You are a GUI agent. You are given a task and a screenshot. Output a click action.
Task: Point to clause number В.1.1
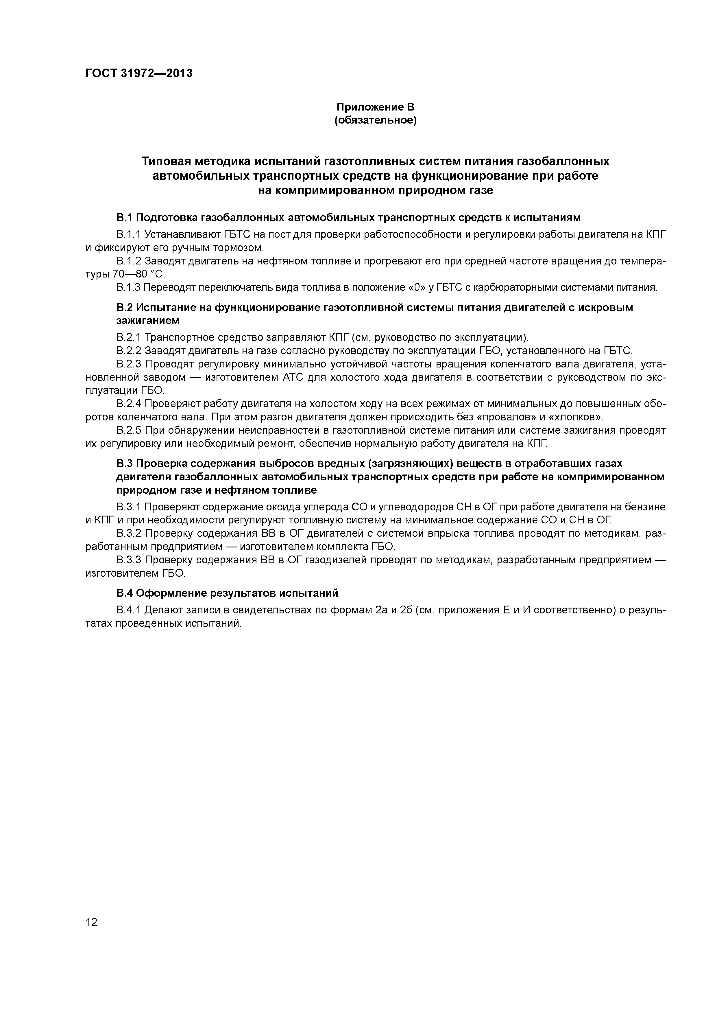129,234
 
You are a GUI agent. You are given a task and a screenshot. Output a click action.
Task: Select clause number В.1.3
129,288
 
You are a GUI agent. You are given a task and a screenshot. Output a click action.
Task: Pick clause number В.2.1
129,338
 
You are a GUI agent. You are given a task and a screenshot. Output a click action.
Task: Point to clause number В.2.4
129,404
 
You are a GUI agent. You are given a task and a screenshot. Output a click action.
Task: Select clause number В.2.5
129,431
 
